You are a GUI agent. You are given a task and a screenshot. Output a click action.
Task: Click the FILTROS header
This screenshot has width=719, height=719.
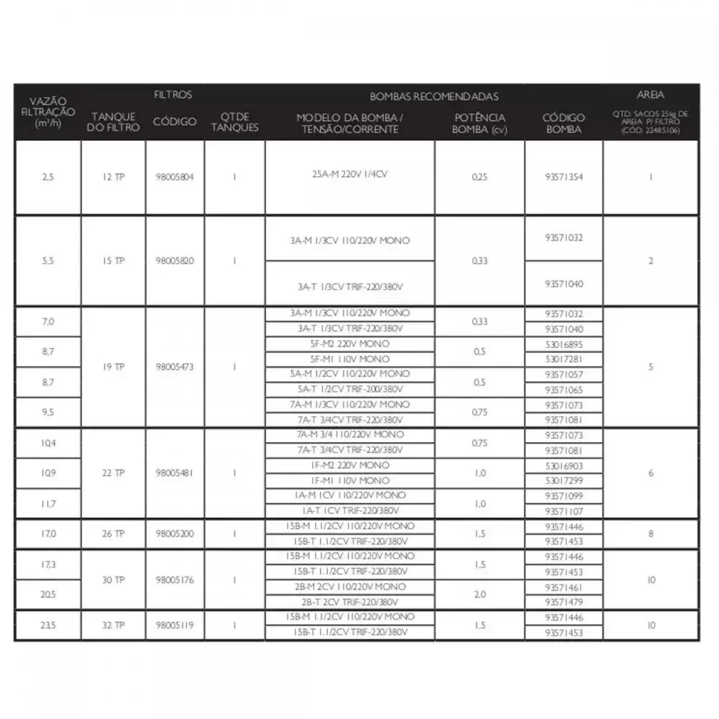(x=173, y=94)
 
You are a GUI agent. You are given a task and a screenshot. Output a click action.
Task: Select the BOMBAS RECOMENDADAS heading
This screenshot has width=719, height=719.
(x=434, y=96)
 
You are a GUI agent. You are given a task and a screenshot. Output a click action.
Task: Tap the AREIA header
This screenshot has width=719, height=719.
(x=651, y=94)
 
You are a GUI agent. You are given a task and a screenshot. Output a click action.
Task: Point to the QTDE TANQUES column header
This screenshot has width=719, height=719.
(x=234, y=122)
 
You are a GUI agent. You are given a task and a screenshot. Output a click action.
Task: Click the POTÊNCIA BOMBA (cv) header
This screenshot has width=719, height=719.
(x=480, y=122)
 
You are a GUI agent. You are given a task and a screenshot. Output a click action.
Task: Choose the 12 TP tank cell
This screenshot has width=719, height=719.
(x=113, y=177)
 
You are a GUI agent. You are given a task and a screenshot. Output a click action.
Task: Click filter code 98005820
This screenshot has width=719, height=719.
(x=175, y=260)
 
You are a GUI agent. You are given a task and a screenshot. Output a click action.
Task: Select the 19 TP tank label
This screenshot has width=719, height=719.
(x=113, y=367)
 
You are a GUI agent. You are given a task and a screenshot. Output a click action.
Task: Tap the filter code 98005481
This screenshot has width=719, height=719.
(x=175, y=473)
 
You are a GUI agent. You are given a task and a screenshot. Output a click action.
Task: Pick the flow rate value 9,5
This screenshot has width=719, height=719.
(x=48, y=413)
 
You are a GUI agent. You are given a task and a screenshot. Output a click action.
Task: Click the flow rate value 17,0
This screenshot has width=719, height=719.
(x=48, y=534)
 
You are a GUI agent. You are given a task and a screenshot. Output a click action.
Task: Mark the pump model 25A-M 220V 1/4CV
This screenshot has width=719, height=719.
(x=350, y=173)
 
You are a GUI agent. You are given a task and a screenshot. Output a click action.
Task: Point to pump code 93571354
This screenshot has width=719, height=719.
(x=564, y=177)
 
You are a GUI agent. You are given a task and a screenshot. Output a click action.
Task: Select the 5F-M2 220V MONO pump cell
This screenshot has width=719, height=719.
(x=350, y=344)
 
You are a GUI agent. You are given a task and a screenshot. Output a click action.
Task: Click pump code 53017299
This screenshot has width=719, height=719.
(x=564, y=480)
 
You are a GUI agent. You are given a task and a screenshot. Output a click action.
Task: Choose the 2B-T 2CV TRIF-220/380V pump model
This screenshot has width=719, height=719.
(x=350, y=602)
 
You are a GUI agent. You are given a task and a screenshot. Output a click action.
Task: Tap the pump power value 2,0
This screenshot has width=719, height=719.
(x=480, y=595)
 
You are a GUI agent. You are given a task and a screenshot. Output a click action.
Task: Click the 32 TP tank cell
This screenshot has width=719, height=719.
(x=113, y=626)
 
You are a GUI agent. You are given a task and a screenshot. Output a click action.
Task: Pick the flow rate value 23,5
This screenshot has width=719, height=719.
(x=48, y=626)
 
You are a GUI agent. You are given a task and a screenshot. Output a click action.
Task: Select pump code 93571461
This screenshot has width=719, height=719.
(x=564, y=587)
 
